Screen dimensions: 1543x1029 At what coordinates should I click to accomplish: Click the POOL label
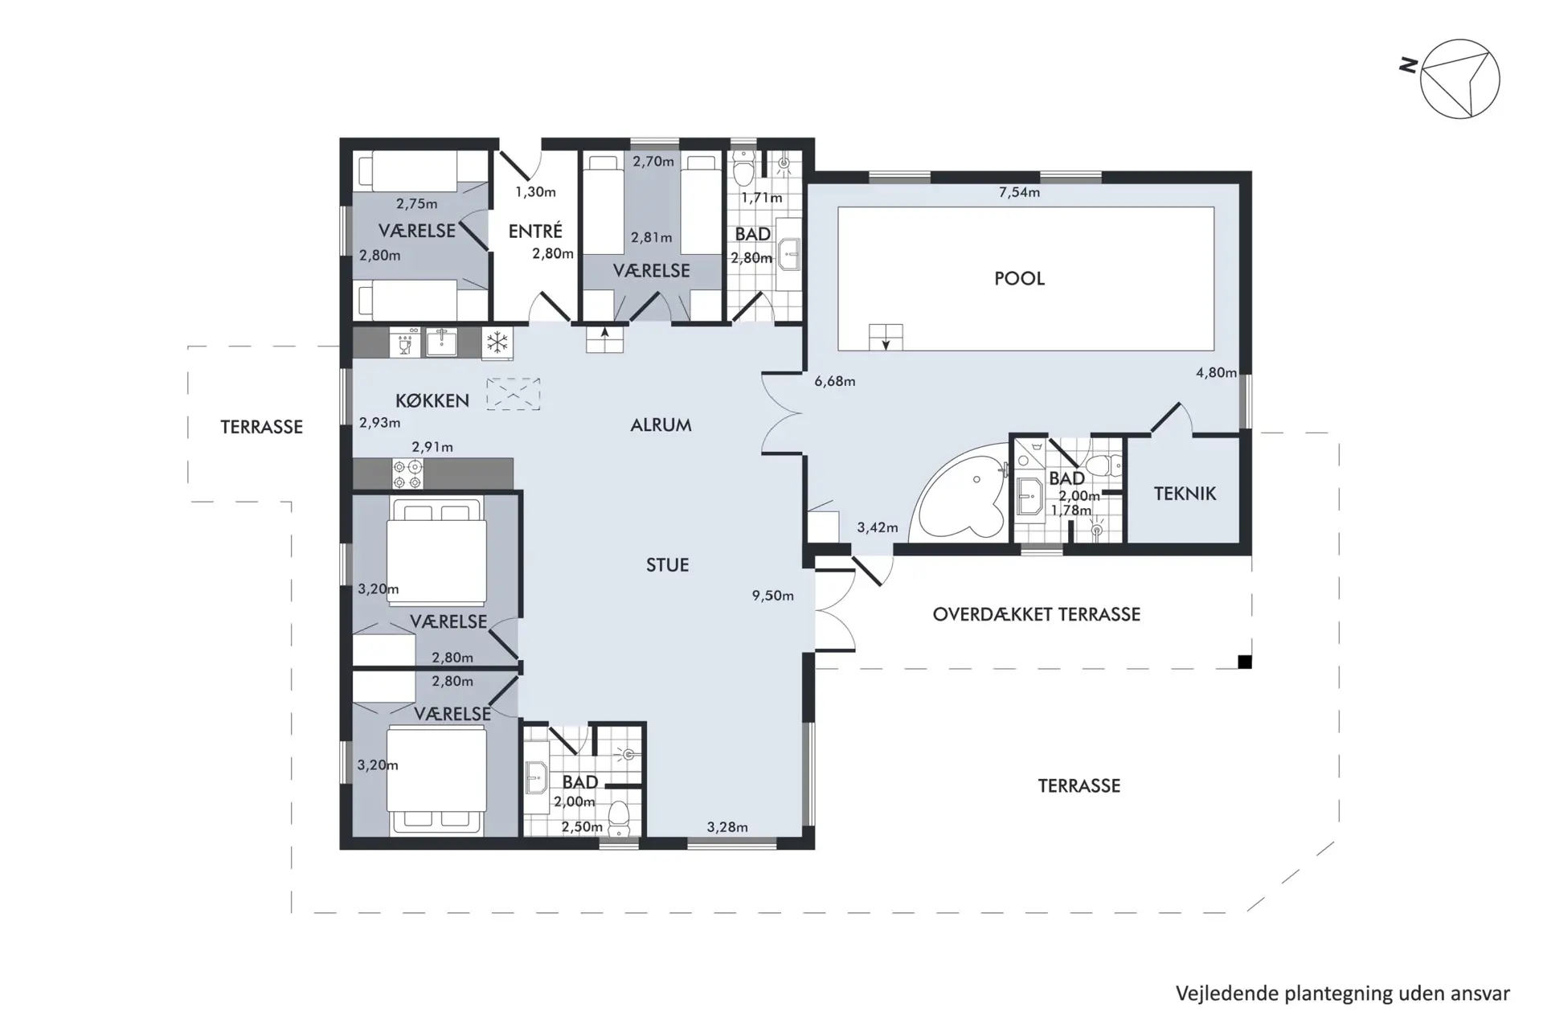(1019, 279)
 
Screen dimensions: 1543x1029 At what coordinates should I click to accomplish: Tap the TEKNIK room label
(1185, 494)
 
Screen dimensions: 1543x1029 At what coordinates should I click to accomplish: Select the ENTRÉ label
(535, 231)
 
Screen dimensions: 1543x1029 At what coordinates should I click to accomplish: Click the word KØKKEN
(432, 400)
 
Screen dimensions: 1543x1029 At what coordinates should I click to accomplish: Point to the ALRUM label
(661, 425)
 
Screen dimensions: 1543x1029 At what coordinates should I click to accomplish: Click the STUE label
(667, 565)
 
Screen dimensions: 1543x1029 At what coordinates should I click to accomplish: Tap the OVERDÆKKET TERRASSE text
(1036, 615)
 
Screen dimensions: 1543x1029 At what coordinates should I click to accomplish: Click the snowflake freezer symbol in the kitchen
(497, 342)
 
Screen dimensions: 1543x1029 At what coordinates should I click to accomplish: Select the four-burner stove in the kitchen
(407, 474)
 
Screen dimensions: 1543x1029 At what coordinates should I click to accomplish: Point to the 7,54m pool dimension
(1019, 193)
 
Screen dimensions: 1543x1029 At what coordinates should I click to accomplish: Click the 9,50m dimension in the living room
(772, 596)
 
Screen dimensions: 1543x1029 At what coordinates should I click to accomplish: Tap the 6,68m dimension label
(834, 381)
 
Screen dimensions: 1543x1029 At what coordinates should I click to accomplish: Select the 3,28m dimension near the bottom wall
(727, 827)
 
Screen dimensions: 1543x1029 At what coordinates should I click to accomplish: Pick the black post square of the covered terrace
(1244, 662)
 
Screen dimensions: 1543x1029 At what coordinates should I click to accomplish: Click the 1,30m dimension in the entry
(535, 192)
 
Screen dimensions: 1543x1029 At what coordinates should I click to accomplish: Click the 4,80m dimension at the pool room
(1216, 373)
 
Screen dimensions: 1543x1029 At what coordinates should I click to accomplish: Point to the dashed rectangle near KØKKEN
(513, 395)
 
